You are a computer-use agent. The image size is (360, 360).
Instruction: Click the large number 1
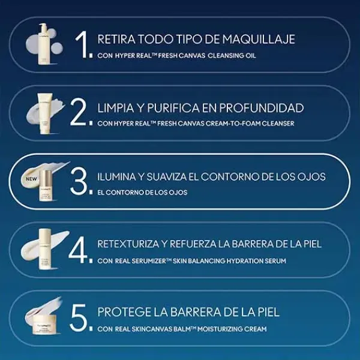click(x=81, y=44)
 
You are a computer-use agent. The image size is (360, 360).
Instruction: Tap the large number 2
click(x=78, y=112)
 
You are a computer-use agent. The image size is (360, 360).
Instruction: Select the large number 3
click(x=79, y=181)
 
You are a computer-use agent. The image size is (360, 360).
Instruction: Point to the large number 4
click(x=78, y=250)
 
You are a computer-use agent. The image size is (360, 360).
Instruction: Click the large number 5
click(x=78, y=317)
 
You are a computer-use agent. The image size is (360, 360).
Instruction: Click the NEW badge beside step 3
click(x=31, y=179)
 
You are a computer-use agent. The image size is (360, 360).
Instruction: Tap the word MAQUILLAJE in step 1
click(x=259, y=39)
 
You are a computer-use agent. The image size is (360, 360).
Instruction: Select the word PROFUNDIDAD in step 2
click(x=262, y=108)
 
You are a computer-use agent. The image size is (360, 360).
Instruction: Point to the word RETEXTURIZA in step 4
click(x=128, y=244)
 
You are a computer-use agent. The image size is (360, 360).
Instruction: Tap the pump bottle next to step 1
click(x=44, y=44)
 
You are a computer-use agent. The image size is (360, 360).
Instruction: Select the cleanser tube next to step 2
click(x=46, y=113)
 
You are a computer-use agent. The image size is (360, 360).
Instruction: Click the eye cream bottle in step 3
click(x=46, y=185)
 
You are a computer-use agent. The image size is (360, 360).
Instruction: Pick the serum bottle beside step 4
click(x=46, y=249)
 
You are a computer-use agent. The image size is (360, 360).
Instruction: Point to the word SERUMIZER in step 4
click(x=150, y=261)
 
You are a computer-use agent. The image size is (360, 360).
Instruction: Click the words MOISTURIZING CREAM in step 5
click(x=232, y=329)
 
